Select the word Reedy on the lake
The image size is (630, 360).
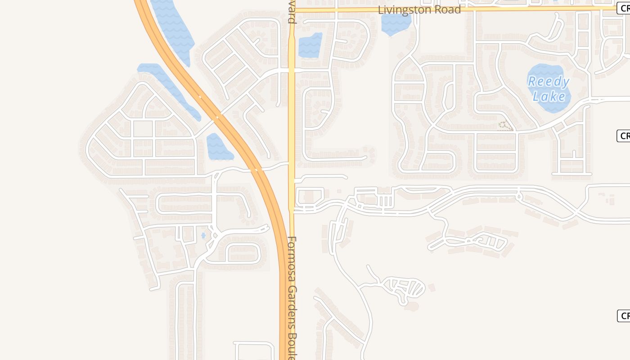pos(548,81)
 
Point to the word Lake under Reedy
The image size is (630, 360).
pos(549,96)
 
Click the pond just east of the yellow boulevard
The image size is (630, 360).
pos(310,45)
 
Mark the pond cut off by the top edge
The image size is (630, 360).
pos(172,27)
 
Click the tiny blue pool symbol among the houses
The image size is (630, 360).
pos(203,235)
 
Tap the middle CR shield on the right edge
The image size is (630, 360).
pos(624,135)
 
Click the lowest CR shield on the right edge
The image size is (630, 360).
pos(624,316)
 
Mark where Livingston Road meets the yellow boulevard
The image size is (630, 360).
pos(292,9)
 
